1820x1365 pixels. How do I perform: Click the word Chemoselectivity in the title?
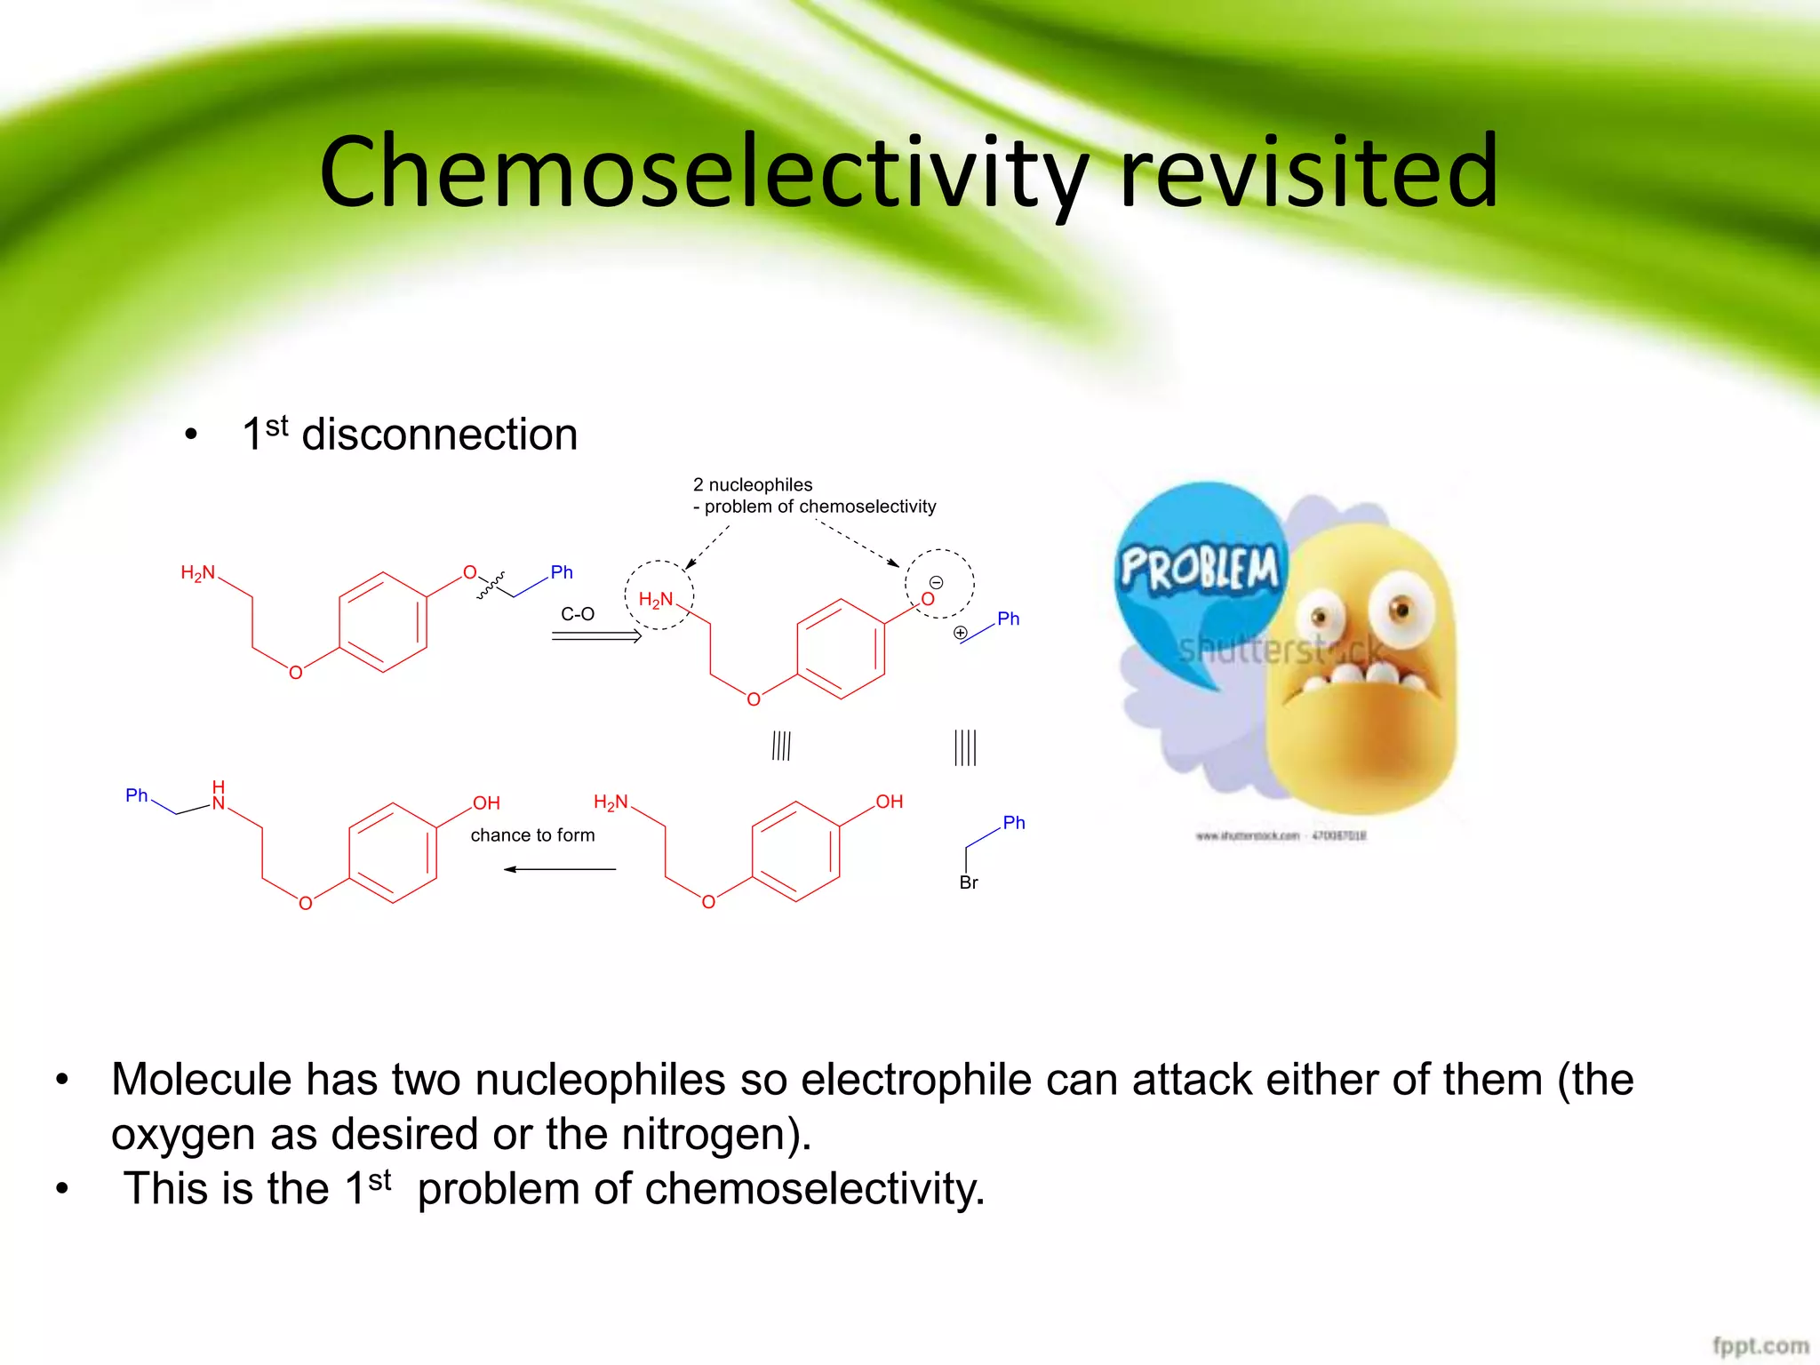pyautogui.click(x=702, y=172)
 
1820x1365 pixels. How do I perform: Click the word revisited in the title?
pyautogui.click(x=1308, y=171)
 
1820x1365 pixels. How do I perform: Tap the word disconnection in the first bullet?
pyautogui.click(x=440, y=435)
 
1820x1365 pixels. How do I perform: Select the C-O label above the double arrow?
pyautogui.click(x=578, y=614)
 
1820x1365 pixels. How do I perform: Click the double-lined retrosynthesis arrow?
pyautogui.click(x=596, y=635)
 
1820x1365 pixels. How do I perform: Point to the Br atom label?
pyautogui.click(x=969, y=882)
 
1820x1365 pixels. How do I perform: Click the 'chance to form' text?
pyautogui.click(x=532, y=835)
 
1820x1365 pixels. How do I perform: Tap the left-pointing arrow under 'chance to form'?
pyautogui.click(x=560, y=869)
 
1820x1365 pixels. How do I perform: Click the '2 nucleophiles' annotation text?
pyautogui.click(x=753, y=485)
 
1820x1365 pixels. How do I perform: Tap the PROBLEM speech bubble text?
pyautogui.click(x=1200, y=569)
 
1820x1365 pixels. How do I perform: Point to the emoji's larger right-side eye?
pyautogui.click(x=1400, y=609)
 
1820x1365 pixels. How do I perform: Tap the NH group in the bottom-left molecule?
pyautogui.click(x=219, y=797)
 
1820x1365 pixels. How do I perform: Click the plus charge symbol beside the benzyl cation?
pyautogui.click(x=961, y=633)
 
